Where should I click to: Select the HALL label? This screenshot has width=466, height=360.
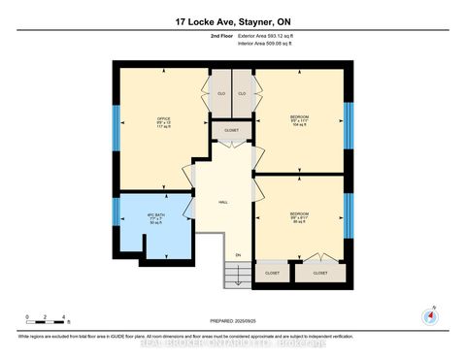click(x=222, y=203)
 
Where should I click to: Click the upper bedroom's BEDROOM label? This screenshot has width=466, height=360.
click(x=300, y=117)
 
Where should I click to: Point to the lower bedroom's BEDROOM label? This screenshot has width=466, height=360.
click(x=300, y=213)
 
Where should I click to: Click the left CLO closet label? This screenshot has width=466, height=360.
click(x=220, y=94)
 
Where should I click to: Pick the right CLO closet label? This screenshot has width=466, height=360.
click(x=242, y=94)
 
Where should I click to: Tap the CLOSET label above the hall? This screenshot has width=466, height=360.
click(x=231, y=129)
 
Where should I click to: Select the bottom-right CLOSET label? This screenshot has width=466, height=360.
click(x=320, y=275)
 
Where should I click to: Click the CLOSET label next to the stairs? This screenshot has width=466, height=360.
click(x=272, y=275)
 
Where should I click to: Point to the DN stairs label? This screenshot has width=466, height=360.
click(x=237, y=255)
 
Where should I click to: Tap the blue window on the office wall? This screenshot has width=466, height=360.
click(x=116, y=124)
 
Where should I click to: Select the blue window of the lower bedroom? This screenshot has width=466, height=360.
click(x=346, y=215)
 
